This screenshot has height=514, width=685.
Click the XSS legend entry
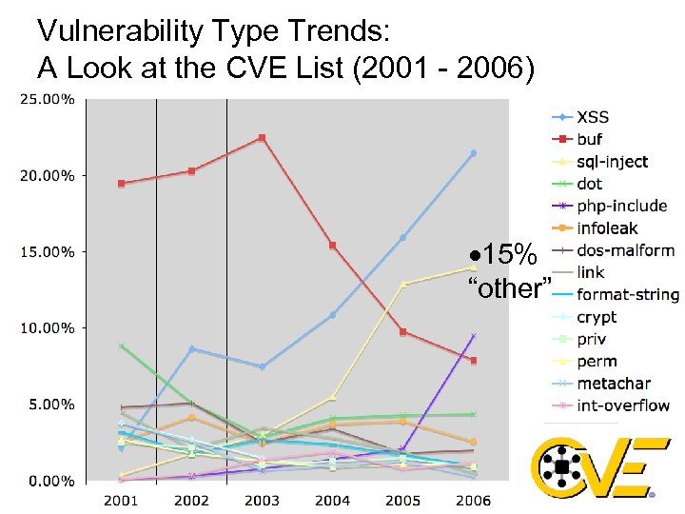click(x=592, y=117)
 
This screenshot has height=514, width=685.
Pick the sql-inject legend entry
click(x=612, y=161)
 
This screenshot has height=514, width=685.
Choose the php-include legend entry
click(x=620, y=206)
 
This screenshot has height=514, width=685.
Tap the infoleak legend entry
click(x=607, y=227)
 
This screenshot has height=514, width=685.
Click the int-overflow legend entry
click(x=622, y=405)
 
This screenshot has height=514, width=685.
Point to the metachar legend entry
click(x=613, y=384)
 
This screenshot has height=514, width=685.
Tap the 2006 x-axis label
click(x=473, y=500)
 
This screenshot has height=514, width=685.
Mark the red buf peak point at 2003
click(x=262, y=138)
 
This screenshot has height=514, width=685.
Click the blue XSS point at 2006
click(x=473, y=153)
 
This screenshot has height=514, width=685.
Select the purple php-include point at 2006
click(x=473, y=336)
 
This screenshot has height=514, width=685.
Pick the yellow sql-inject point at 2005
click(x=402, y=284)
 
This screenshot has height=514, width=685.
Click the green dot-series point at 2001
click(x=122, y=346)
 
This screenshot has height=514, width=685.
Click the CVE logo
click(x=592, y=466)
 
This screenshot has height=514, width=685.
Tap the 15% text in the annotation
click(x=506, y=255)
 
